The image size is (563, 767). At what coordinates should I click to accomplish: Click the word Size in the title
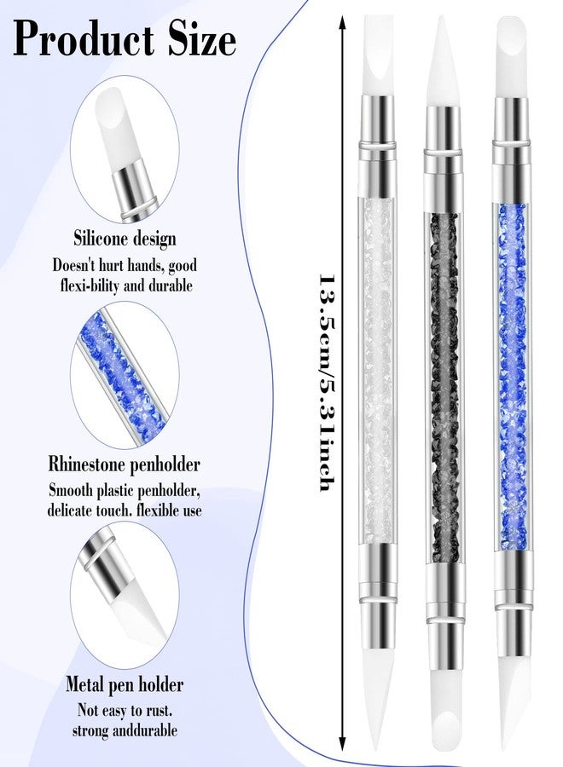(x=198, y=38)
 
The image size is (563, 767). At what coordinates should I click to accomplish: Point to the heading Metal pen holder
(x=125, y=684)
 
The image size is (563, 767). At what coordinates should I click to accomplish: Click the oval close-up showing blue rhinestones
(x=126, y=375)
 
